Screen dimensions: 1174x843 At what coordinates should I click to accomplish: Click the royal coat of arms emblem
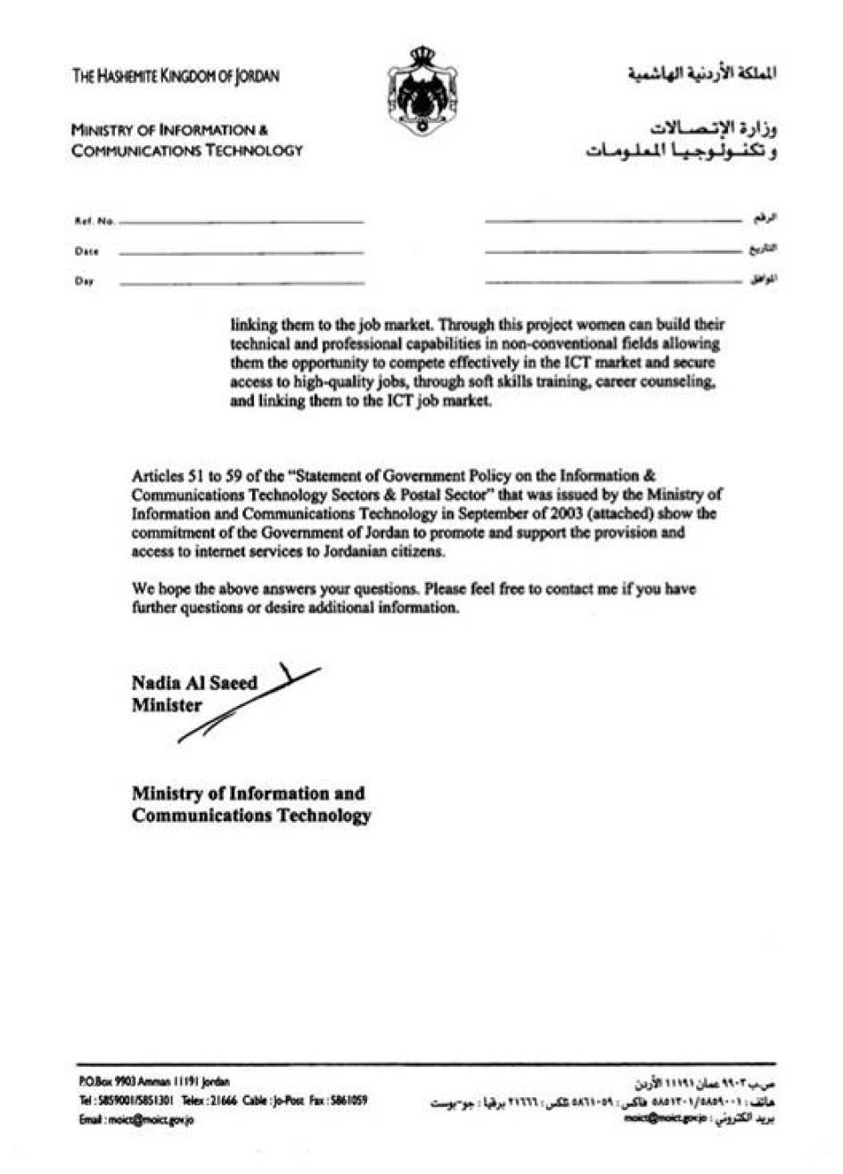point(421,90)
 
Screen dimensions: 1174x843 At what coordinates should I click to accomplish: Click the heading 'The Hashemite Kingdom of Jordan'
point(176,77)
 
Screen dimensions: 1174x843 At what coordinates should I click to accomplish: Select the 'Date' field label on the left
point(86,251)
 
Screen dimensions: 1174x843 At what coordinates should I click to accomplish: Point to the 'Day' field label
point(85,282)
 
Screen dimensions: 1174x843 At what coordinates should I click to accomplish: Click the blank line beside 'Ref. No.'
point(241,221)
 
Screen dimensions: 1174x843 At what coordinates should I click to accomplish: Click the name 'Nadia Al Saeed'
point(194,684)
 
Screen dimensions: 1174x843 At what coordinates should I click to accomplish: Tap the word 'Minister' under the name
point(167,706)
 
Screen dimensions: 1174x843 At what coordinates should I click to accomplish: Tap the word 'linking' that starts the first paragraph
point(253,324)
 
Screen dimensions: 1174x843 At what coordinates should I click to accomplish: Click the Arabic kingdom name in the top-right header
point(700,75)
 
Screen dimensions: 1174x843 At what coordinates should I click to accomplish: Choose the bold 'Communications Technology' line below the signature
point(251,816)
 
